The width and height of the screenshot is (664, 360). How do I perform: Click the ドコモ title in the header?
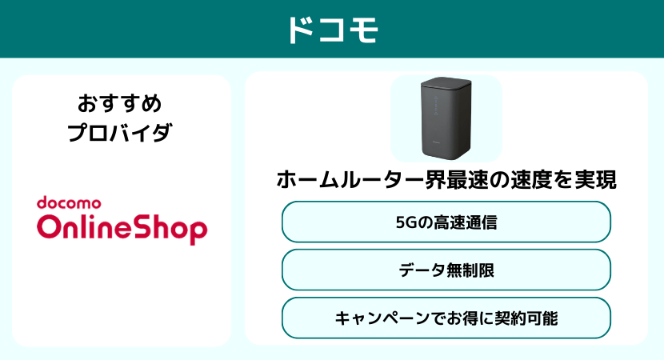point(332,29)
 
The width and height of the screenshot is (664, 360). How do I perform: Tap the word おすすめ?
point(120,103)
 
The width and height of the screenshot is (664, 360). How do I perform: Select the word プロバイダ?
point(120,133)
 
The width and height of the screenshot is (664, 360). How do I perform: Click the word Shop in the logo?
point(170,229)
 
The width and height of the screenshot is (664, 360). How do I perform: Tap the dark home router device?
point(446,120)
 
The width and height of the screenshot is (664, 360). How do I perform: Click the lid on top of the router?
point(446,82)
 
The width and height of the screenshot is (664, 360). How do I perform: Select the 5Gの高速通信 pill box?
point(446,222)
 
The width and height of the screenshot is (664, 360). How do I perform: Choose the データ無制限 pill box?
point(446,270)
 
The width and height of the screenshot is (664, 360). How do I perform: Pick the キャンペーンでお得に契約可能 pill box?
point(446,318)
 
